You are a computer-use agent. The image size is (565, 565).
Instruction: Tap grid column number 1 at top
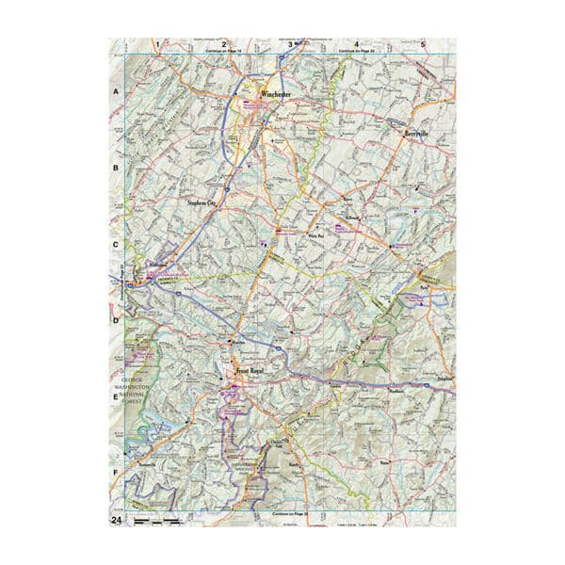pyautogui.click(x=157, y=43)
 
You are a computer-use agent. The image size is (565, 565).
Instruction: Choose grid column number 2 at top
pyautogui.click(x=224, y=43)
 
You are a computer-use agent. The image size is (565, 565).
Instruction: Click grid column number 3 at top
pyautogui.click(x=289, y=43)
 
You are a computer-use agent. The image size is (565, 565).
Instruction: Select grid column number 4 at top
pyautogui.click(x=356, y=43)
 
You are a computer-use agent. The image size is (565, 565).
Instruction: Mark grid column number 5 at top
pyautogui.click(x=424, y=43)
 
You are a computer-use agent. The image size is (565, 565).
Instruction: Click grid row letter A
pyautogui.click(x=117, y=92)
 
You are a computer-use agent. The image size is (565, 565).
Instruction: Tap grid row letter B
pyautogui.click(x=117, y=169)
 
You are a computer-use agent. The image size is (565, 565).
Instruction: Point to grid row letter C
pyautogui.click(x=117, y=245)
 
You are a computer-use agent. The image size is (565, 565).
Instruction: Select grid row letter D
pyautogui.click(x=117, y=321)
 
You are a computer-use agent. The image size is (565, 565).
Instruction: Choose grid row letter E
pyautogui.click(x=117, y=397)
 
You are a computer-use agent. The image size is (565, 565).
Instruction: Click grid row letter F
pyautogui.click(x=117, y=474)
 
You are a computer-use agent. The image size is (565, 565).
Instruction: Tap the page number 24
pyautogui.click(x=117, y=520)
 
